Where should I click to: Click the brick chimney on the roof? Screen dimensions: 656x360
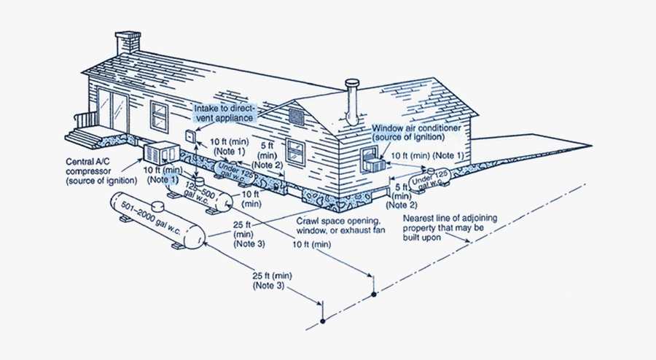(x=128, y=43)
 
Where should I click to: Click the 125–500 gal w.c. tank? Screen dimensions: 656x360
(x=200, y=194)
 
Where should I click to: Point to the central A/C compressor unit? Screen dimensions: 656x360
(x=162, y=154)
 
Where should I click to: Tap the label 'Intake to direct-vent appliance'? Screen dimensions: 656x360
(x=224, y=113)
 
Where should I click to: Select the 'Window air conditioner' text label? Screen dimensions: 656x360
(x=416, y=133)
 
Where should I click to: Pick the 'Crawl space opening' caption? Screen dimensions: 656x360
(x=340, y=225)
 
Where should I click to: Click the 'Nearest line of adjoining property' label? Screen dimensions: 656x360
(x=450, y=227)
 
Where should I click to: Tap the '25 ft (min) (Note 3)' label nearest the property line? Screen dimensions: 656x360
(x=272, y=281)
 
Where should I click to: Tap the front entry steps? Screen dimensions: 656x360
(x=82, y=135)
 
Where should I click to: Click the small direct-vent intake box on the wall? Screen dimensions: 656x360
(x=191, y=136)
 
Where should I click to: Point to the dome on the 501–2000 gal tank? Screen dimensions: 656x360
(x=158, y=206)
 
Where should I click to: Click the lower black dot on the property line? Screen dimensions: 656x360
(x=323, y=321)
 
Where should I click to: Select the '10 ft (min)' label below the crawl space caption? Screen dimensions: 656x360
(x=312, y=244)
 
